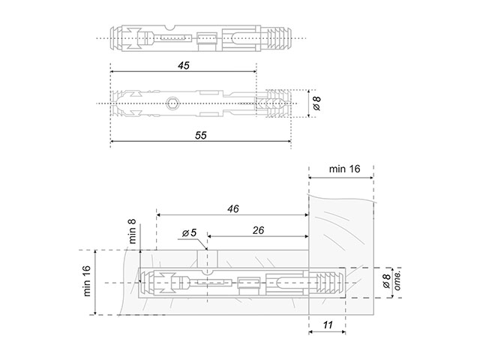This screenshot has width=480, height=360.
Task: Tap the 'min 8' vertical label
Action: click(132, 232)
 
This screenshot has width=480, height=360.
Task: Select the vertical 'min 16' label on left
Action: click(87, 280)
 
